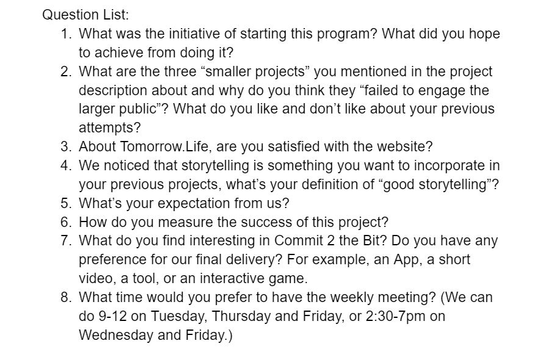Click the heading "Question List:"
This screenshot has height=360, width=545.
click(85, 15)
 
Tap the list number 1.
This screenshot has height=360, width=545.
click(66, 34)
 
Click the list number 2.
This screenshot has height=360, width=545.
click(66, 71)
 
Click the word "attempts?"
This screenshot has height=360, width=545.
click(110, 128)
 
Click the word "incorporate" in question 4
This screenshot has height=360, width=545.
click(449, 166)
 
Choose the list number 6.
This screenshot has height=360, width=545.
click(66, 222)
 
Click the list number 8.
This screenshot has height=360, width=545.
click(66, 298)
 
